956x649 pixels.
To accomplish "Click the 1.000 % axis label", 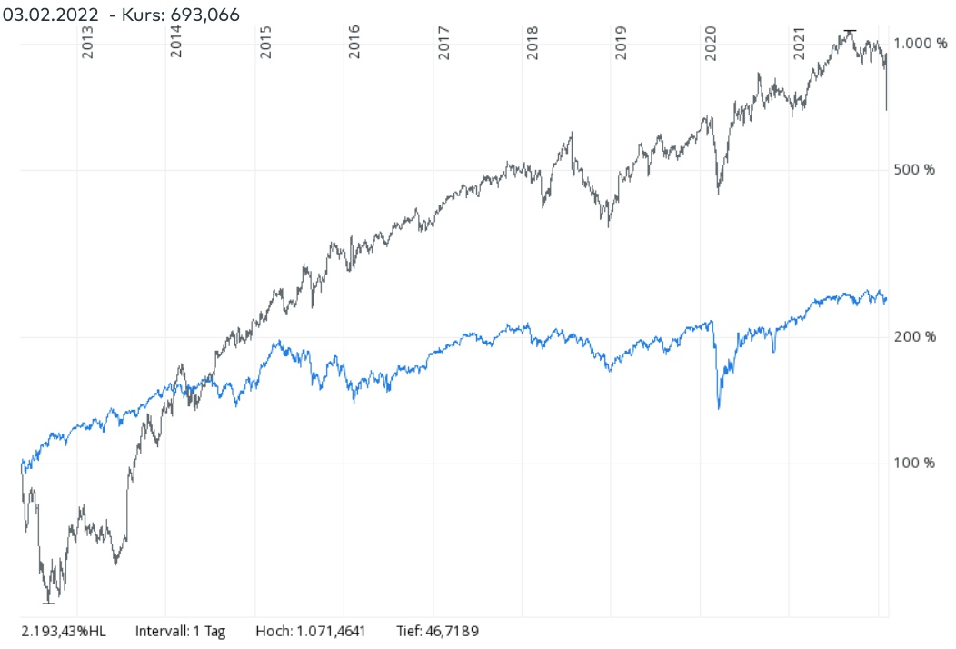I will (921, 44).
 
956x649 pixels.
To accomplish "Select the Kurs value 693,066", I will (205, 13).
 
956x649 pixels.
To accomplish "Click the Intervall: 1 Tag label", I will (180, 630).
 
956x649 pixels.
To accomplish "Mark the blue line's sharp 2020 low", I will (719, 408).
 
